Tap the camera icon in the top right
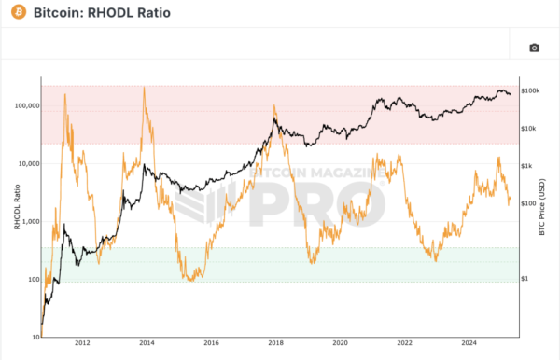[534, 48]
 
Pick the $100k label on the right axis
[530, 90]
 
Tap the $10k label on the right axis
[528, 128]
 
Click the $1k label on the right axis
[526, 166]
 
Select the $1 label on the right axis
[525, 279]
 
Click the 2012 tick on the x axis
[82, 342]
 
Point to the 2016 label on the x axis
[211, 342]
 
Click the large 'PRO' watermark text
[308, 201]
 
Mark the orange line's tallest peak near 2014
[144, 88]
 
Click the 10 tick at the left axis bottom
[35, 336]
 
